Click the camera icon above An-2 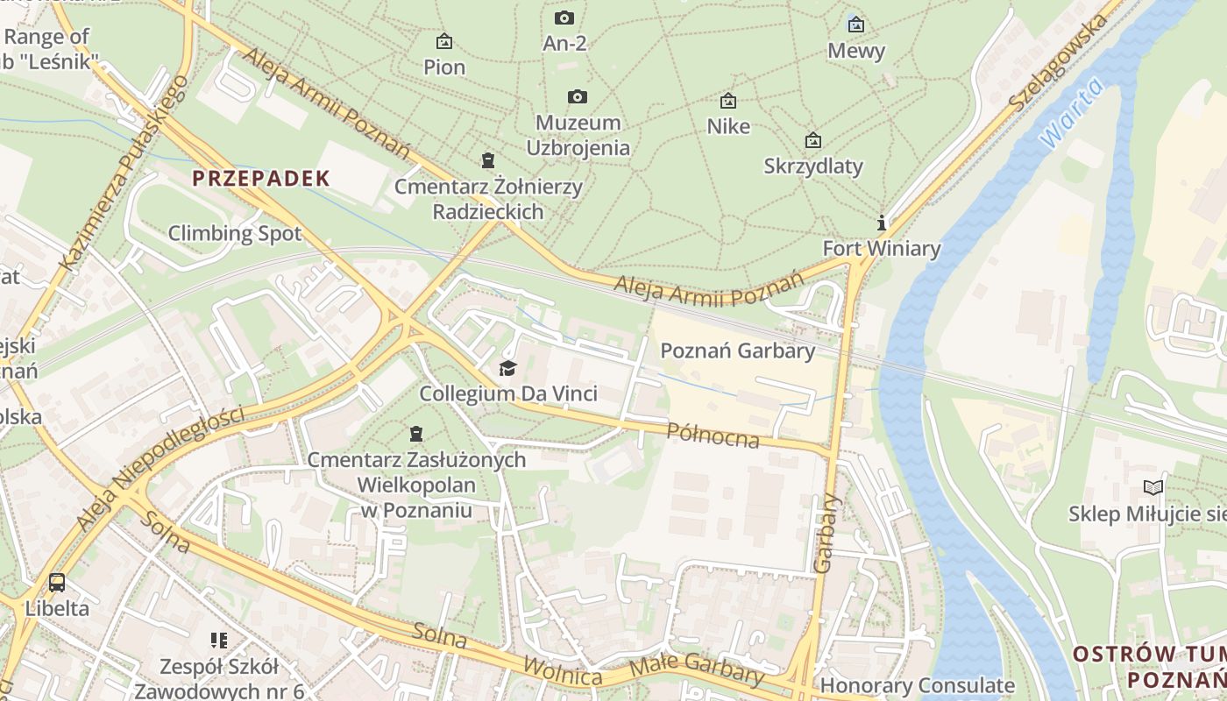tap(564, 18)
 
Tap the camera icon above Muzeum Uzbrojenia tap(577, 96)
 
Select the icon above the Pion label tap(444, 41)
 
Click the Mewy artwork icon tap(856, 25)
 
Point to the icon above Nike tap(727, 101)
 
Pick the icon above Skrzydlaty tap(813, 140)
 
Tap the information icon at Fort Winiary tap(882, 223)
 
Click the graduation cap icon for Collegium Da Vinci tap(507, 368)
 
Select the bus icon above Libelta tap(57, 582)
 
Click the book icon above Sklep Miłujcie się tap(1154, 487)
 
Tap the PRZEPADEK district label tap(261, 179)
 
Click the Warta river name tap(1070, 117)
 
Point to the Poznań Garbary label tap(737, 350)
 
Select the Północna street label tap(713, 435)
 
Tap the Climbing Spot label tap(234, 233)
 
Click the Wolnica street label tap(563, 671)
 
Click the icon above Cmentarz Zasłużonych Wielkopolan tap(415, 434)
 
